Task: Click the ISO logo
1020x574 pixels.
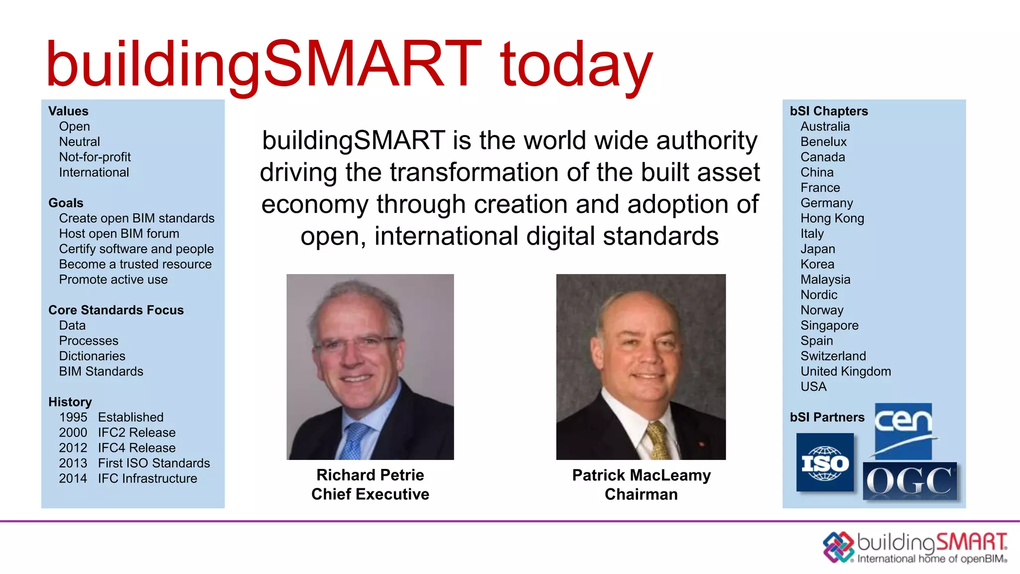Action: tap(825, 463)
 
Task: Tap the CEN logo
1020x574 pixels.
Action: tap(903, 430)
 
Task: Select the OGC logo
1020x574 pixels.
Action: tap(910, 481)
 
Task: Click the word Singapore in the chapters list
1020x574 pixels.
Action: tap(829, 325)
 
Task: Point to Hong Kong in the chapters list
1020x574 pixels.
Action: tap(832, 218)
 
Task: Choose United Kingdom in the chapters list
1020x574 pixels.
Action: tap(845, 371)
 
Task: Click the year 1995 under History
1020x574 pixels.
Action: tap(73, 417)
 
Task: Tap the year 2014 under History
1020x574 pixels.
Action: tap(73, 478)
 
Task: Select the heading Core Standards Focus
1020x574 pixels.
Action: tap(116, 310)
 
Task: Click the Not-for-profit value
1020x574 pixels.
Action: tap(95, 157)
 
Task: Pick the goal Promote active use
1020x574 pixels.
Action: tap(113, 280)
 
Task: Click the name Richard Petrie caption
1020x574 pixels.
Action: tap(370, 475)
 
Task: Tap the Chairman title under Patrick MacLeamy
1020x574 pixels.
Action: tap(641, 494)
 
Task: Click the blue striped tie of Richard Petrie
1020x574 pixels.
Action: tap(355, 441)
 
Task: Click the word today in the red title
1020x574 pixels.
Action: tap(576, 65)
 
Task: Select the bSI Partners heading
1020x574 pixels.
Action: tap(827, 417)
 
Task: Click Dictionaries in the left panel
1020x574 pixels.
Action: tap(92, 356)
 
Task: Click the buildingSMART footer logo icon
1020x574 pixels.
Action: tap(838, 547)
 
